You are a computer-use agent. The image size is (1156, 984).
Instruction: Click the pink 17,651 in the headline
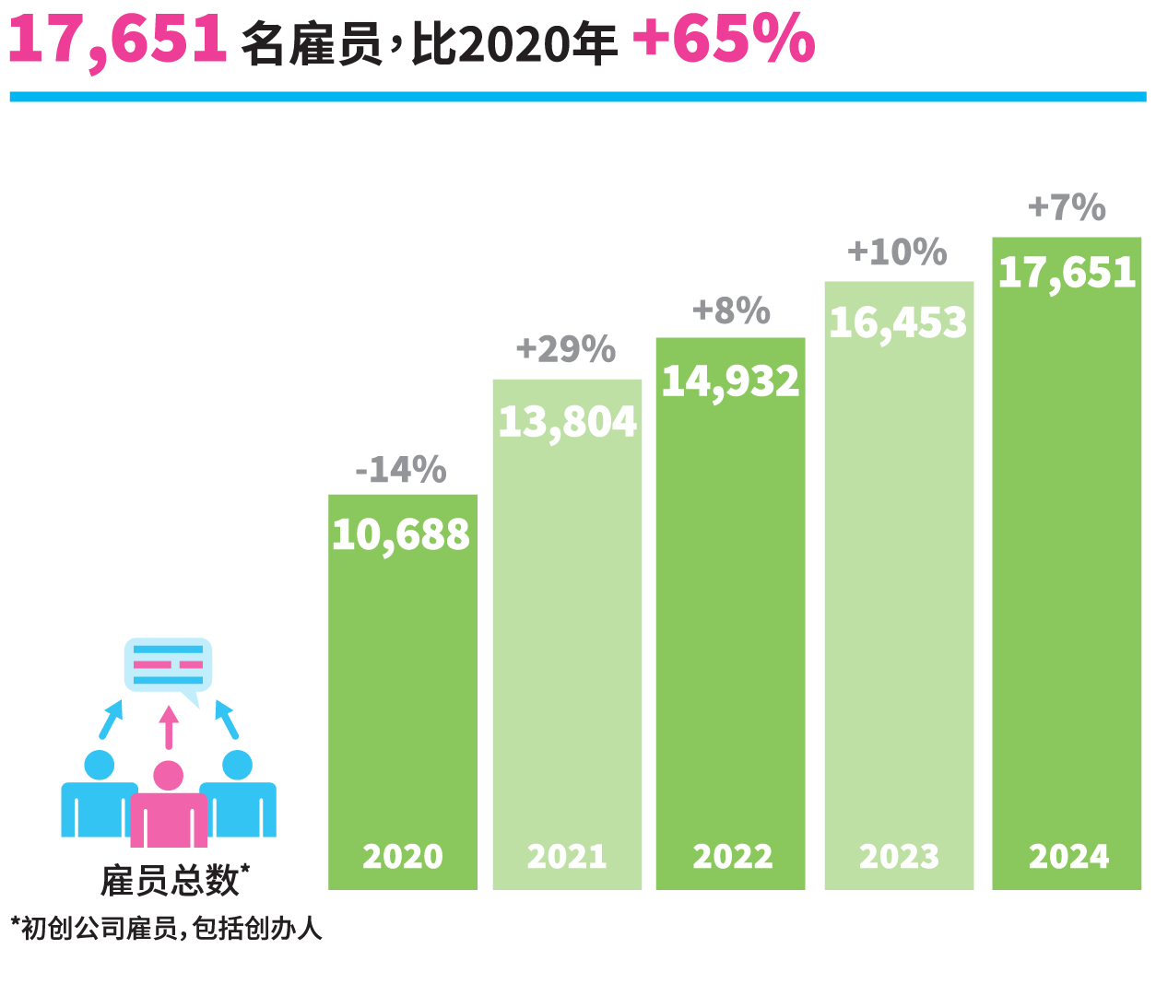click(117, 41)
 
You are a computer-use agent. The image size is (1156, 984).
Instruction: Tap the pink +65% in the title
click(724, 41)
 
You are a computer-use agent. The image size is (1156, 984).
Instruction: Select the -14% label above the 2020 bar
click(401, 470)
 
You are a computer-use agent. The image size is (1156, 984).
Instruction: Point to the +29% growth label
click(565, 349)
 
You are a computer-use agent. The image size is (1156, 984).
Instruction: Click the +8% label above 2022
click(731, 310)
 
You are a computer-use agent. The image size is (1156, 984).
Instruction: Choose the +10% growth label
click(897, 252)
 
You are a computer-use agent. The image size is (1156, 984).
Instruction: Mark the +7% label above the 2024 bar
click(1067, 207)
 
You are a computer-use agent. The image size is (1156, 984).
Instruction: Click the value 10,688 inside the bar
click(401, 535)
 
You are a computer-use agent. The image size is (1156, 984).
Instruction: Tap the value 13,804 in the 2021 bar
click(567, 423)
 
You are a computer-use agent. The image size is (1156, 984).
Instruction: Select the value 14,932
click(730, 381)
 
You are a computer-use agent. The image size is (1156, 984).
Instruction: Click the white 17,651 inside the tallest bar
click(1067, 273)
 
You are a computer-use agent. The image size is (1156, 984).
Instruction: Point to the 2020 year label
click(403, 857)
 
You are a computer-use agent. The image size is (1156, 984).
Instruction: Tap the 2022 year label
click(732, 857)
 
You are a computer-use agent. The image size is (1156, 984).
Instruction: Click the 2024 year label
click(1068, 857)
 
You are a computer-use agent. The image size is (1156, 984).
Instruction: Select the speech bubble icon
click(168, 667)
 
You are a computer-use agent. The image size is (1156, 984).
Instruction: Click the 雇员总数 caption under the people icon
click(171, 881)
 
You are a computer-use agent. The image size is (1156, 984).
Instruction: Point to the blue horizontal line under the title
click(578, 97)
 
